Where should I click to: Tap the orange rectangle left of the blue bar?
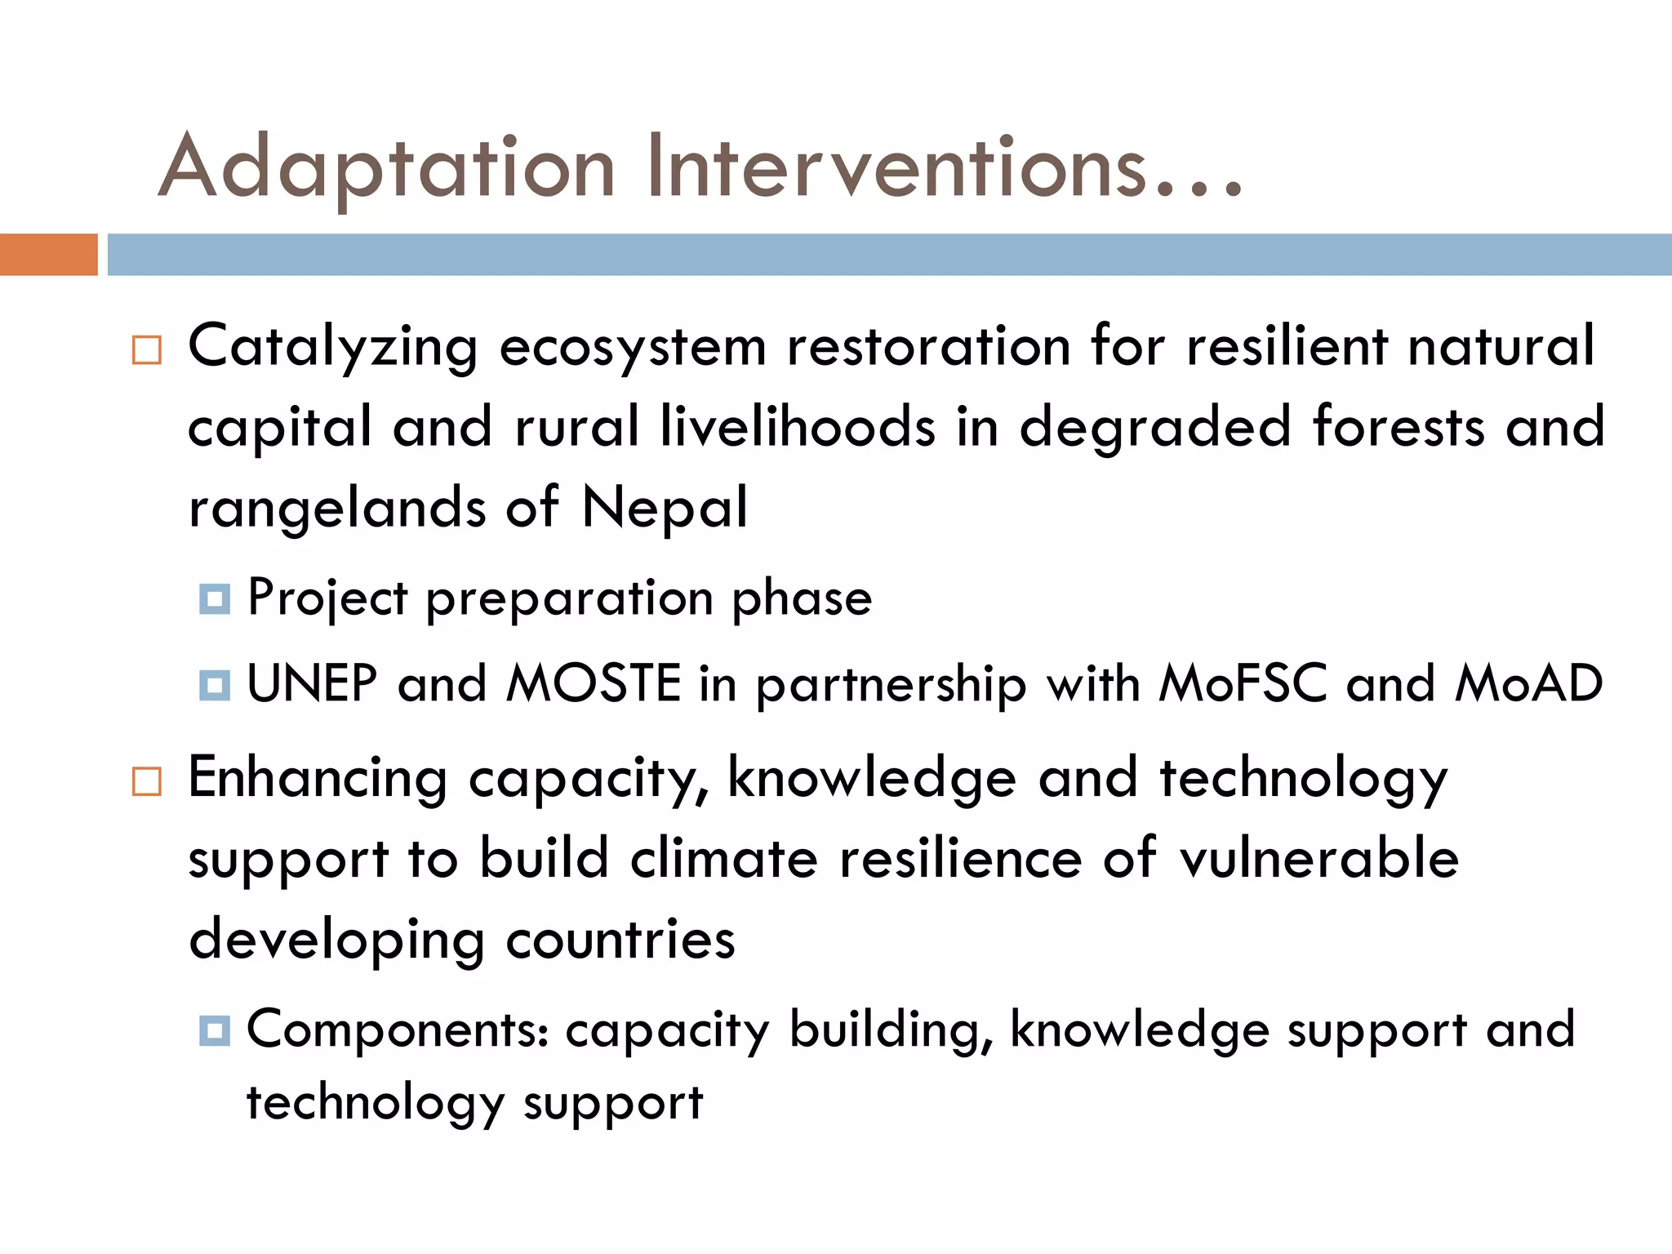(x=48, y=255)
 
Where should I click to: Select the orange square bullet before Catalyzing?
(x=147, y=350)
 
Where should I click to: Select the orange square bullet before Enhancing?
(x=147, y=781)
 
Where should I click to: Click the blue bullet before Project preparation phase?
(x=215, y=599)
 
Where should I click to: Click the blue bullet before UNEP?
(x=215, y=685)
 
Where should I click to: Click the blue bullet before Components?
(x=215, y=1031)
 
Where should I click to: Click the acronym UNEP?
(x=312, y=683)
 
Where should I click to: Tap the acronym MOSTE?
(x=594, y=683)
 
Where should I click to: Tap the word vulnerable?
(x=1318, y=859)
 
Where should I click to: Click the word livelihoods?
(x=797, y=427)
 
